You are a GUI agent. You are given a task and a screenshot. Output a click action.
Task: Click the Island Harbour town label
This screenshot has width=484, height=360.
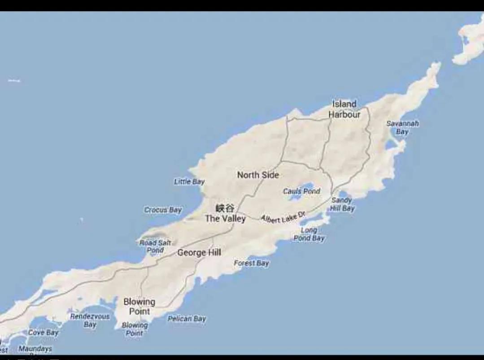pos(344,109)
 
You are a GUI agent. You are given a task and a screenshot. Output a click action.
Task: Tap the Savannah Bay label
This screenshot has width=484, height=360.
pos(402,127)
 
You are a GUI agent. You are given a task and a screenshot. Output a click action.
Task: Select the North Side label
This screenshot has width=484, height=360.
pos(258,175)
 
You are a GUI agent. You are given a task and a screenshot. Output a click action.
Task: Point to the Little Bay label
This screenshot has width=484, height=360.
pos(189,182)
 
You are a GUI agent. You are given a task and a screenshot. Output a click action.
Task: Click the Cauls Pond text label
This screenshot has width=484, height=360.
pos(301,191)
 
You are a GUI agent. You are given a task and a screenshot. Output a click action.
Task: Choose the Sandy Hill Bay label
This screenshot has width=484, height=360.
pos(342,204)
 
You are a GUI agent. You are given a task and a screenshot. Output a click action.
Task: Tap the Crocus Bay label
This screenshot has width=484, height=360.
pos(163,210)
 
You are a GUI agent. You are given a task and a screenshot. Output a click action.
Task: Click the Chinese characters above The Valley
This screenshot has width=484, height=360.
pos(225,208)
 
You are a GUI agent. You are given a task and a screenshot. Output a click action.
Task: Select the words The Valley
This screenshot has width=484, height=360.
pos(225,219)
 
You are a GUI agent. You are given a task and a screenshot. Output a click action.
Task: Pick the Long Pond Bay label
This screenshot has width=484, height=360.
pos(309,234)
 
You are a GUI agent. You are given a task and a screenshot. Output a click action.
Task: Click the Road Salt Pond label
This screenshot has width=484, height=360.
pos(155,246)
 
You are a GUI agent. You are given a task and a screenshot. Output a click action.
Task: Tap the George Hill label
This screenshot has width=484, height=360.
pos(199,253)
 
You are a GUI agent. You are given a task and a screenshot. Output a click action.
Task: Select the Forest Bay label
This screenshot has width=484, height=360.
pos(251,263)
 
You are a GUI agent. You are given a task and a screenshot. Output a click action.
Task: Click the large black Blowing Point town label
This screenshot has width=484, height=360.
pos(139,306)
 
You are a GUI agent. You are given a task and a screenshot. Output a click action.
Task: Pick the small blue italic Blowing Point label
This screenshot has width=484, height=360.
pos(135,329)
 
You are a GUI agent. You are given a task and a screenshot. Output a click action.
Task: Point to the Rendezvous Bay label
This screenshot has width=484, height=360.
pos(90,320)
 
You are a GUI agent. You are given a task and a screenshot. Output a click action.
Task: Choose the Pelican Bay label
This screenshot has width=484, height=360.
pos(187,319)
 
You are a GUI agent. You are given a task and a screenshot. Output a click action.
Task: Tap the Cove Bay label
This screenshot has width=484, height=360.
pos(43,333)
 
